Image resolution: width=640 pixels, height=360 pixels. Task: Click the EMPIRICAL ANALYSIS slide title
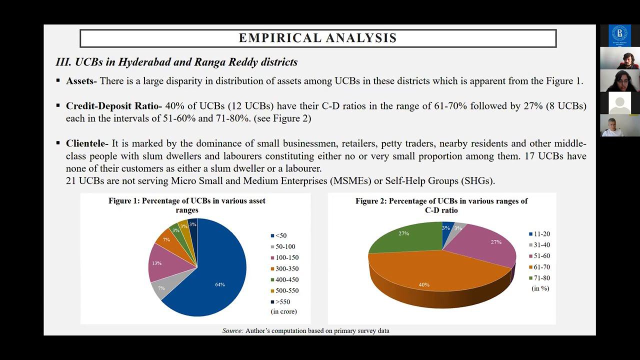(x=317, y=38)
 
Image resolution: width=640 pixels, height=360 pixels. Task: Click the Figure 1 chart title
(x=187, y=205)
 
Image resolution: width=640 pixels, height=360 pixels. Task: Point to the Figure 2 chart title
(x=441, y=205)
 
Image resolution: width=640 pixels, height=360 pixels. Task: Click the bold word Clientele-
(x=87, y=143)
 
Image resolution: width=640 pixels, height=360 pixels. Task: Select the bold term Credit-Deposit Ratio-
(x=114, y=106)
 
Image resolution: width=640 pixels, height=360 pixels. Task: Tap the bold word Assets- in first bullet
(x=81, y=81)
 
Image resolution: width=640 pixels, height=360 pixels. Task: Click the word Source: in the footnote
(x=233, y=330)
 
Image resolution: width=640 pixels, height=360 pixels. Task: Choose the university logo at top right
(x=619, y=35)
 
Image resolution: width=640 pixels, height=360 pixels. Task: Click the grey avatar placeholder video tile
(x=619, y=102)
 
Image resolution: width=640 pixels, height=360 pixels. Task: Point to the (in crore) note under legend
(x=283, y=311)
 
